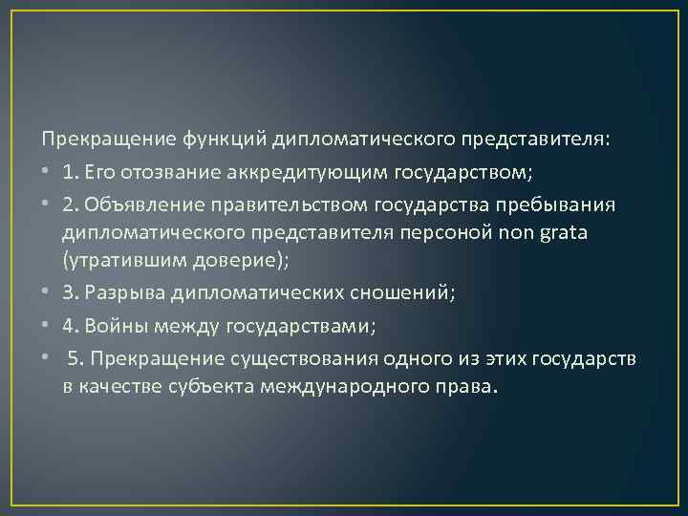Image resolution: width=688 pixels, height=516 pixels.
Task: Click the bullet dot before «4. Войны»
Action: click(48, 326)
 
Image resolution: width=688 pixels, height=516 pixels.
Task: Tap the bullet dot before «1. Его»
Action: click(48, 172)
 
